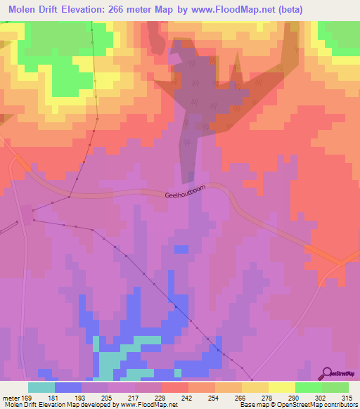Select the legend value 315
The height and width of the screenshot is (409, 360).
pos(347,397)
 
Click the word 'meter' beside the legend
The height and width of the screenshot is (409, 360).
pos(11,397)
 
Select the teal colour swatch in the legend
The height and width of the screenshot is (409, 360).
pos(41,387)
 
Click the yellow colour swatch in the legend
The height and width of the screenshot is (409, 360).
pos(282,387)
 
